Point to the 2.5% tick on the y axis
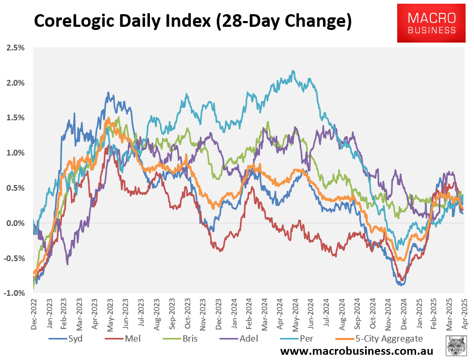(15, 48)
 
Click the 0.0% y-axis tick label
(15, 223)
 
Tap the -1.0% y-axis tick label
(14, 293)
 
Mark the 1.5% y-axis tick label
(15, 118)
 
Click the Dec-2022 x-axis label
(34, 314)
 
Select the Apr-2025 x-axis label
(464, 314)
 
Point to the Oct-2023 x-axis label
(187, 314)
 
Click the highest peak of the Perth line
(293, 71)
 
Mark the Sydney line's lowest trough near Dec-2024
(401, 285)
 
